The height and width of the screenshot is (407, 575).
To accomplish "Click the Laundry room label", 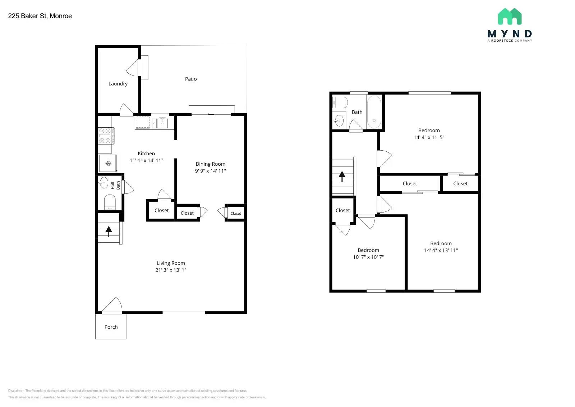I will click(x=118, y=84).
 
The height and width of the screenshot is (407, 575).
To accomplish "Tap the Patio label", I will click(x=191, y=79).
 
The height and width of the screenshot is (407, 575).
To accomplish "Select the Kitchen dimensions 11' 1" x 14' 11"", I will click(x=146, y=160).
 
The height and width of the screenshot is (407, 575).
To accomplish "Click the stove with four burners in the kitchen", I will click(x=106, y=136).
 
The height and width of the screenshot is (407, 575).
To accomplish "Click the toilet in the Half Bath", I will click(x=110, y=202).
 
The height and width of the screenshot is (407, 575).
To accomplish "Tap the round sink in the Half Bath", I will click(x=104, y=183).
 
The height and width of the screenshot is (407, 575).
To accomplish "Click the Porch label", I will click(x=111, y=327).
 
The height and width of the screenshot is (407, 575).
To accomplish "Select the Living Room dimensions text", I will click(x=171, y=270).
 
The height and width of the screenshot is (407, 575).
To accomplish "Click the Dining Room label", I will click(x=210, y=164).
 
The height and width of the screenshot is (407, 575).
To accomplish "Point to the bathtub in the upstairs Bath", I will click(x=374, y=112).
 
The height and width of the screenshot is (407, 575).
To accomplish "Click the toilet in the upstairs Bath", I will click(x=340, y=102).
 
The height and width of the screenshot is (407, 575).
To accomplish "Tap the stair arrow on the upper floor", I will click(x=342, y=176).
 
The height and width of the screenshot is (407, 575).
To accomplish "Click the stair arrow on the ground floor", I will click(x=109, y=231).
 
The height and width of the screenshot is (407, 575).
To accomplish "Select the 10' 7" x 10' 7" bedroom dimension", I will click(x=368, y=257).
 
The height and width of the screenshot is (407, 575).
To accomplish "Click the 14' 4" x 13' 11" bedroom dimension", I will click(x=441, y=250).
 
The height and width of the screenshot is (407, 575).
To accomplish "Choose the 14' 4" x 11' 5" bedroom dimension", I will click(x=429, y=137).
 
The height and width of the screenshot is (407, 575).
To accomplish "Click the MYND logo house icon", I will click(x=510, y=17).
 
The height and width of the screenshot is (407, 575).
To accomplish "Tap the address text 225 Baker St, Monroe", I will click(x=40, y=16).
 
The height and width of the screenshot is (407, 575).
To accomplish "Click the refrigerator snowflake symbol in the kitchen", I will click(x=108, y=164).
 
